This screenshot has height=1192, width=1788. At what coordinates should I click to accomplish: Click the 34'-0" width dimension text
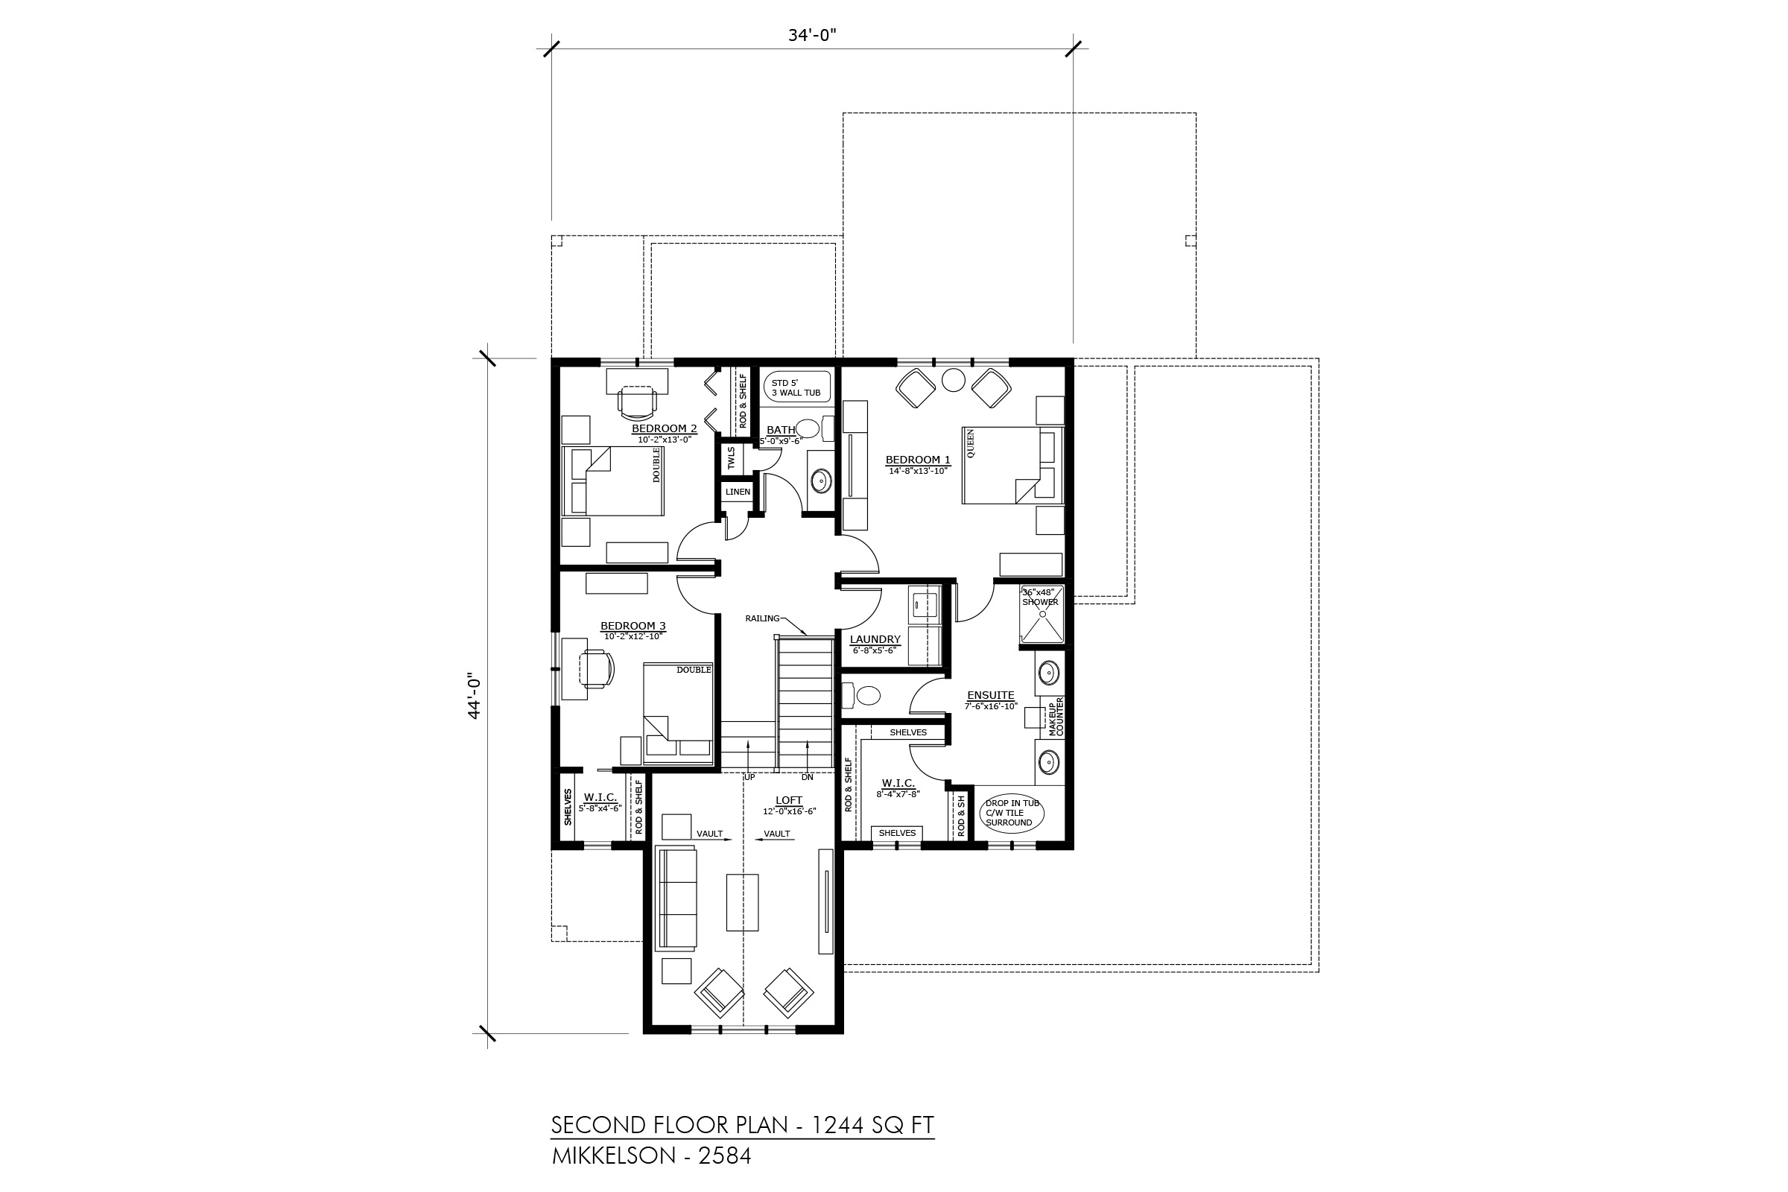click(x=812, y=35)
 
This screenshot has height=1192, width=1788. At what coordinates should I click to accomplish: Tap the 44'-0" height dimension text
click(x=475, y=696)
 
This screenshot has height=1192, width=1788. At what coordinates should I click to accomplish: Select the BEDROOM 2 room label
click(x=665, y=429)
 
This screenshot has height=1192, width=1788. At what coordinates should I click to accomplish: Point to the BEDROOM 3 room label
click(x=633, y=627)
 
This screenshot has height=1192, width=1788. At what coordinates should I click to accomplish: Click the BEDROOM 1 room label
click(x=919, y=460)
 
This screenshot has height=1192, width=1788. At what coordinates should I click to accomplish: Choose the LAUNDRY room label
click(x=875, y=640)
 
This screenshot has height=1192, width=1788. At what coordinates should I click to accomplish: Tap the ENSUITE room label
click(x=991, y=695)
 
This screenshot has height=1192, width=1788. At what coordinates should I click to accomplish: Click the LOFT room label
click(x=789, y=800)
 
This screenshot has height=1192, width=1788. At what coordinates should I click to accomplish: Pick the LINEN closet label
click(x=738, y=492)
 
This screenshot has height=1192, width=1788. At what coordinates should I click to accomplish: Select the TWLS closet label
click(x=732, y=458)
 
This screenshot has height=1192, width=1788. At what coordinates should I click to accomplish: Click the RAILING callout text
click(x=762, y=618)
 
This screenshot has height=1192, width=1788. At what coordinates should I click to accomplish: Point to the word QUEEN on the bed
click(x=970, y=444)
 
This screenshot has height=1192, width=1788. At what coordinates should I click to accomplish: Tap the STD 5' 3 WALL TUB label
click(x=796, y=387)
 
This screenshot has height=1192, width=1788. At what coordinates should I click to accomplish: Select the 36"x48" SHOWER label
click(x=1039, y=597)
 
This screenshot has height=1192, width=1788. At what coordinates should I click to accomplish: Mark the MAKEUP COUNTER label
click(x=1056, y=717)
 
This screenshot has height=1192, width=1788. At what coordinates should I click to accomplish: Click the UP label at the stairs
click(x=749, y=777)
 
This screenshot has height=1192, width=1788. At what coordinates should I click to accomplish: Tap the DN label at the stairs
click(x=808, y=777)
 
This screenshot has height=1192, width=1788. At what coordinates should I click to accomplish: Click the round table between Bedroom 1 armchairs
click(x=954, y=379)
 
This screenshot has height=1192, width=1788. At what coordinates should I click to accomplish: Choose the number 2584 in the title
click(x=724, y=1155)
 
